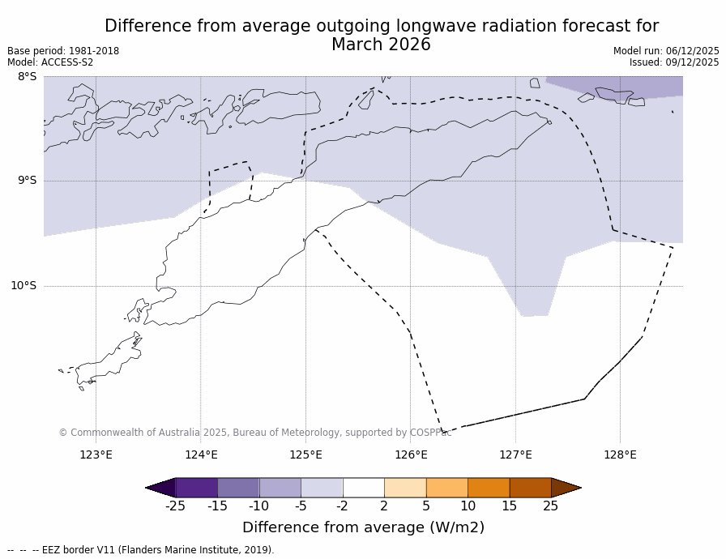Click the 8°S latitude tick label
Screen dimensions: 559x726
pyautogui.click(x=27, y=77)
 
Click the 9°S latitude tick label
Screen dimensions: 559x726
pyautogui.click(x=27, y=181)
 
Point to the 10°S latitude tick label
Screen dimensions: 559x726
pyautogui.click(x=23, y=285)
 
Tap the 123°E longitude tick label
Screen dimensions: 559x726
pyautogui.click(x=96, y=454)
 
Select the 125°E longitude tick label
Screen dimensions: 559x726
pyautogui.click(x=305, y=454)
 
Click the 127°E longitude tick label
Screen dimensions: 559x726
pyautogui.click(x=515, y=454)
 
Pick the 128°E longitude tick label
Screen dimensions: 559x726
pyautogui.click(x=620, y=454)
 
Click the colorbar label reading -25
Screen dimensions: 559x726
pyautogui.click(x=175, y=506)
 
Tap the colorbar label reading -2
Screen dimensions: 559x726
pyautogui.click(x=343, y=506)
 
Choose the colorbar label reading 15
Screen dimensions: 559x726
pyautogui.click(x=509, y=506)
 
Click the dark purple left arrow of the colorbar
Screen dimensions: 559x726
pyautogui.click(x=161, y=488)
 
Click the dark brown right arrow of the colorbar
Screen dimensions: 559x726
pyautogui.click(x=565, y=488)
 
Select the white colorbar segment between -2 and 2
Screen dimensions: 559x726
pyautogui.click(x=363, y=488)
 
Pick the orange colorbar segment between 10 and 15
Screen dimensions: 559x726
pyautogui.click(x=489, y=488)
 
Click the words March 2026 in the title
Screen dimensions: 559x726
pyautogui.click(x=381, y=45)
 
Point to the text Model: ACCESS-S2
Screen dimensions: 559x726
pyautogui.click(x=50, y=62)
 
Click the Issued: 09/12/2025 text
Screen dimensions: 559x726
pyautogui.click(x=674, y=62)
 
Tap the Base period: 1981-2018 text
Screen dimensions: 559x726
pyautogui.click(x=63, y=51)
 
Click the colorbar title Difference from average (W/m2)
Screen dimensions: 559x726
pyautogui.click(x=363, y=527)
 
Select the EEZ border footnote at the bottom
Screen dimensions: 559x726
pyautogui.click(x=141, y=550)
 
